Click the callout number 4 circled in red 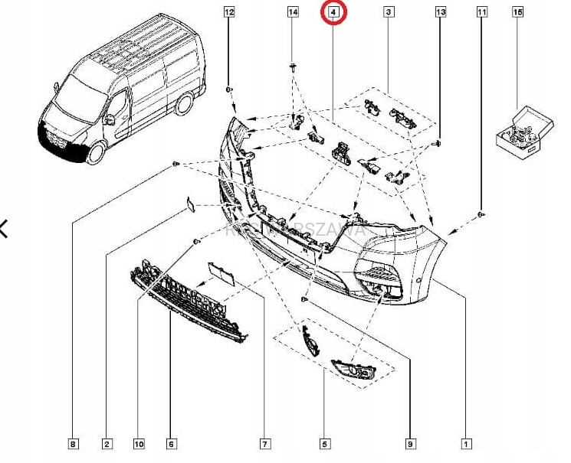333,12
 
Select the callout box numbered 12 229,12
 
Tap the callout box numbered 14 293,12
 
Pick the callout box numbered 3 389,12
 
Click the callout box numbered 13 440,12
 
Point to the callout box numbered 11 481,12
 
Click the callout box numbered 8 73,443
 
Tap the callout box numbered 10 139,443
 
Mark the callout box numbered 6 171,443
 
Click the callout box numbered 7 264,443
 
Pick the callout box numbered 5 325,443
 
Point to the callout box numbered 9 410,443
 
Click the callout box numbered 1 466,443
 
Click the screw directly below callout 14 294,68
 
